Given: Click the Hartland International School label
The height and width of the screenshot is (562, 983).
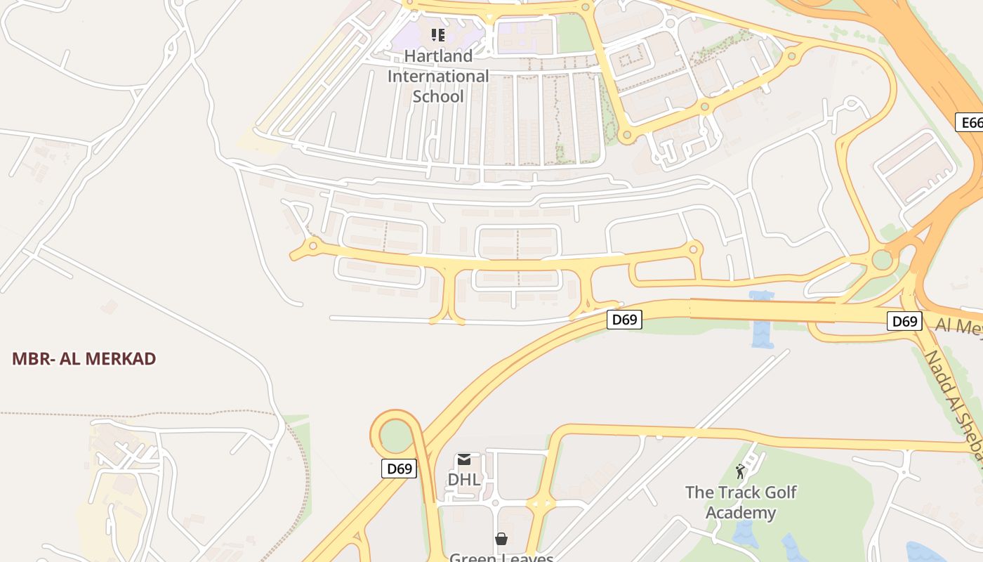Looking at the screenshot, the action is (438, 76).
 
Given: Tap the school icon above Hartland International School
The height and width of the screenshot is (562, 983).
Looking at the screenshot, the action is (438, 34).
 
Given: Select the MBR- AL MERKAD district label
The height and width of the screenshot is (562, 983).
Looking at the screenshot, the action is (84, 359).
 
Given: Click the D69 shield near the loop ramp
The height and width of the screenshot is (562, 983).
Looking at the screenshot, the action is (399, 469).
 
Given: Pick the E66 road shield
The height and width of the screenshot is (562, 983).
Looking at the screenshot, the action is (970, 123).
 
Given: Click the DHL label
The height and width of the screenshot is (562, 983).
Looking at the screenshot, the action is (464, 480).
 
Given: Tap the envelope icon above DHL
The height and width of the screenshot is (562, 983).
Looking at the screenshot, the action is (464, 460).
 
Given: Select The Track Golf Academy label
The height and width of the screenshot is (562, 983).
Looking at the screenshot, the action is (741, 502).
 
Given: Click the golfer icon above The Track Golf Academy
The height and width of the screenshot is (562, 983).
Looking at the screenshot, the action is (740, 471).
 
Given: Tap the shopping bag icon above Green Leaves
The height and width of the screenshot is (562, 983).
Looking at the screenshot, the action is (501, 539).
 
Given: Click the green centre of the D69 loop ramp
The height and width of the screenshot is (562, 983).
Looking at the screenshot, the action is (396, 437).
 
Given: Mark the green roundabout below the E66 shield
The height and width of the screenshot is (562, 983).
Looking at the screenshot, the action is (882, 260).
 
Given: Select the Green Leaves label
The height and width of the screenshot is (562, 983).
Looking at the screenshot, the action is (501, 557).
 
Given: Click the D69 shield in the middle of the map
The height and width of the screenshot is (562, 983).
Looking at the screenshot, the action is (624, 320).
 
